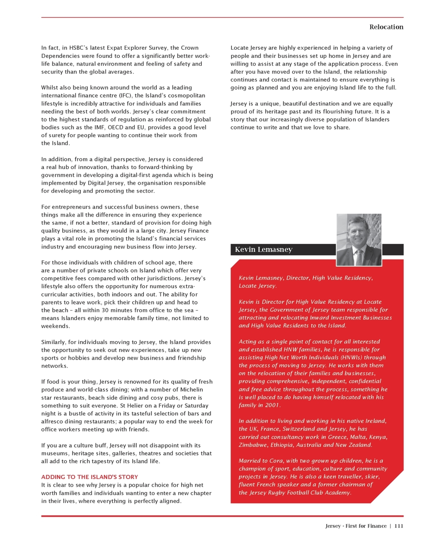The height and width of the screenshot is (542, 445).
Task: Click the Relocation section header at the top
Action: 386,27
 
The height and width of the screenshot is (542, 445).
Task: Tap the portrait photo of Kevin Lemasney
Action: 359,239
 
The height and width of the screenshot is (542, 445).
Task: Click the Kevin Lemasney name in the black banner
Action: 263,249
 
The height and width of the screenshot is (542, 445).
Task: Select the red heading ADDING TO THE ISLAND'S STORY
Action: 89,477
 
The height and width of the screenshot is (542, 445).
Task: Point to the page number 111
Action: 399,526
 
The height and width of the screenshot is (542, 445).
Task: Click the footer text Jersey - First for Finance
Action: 356,526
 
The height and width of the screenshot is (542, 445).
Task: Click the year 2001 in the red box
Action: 272,405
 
